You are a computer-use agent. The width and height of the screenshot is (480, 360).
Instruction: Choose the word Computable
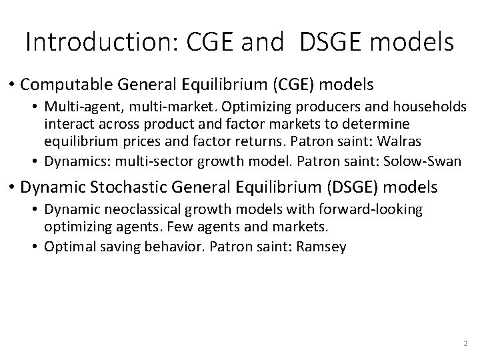point(67,85)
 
